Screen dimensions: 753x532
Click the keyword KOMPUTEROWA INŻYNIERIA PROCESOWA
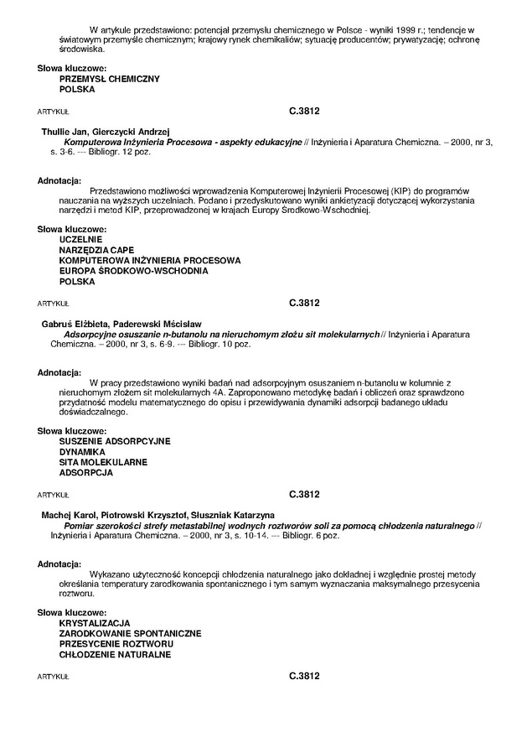149,261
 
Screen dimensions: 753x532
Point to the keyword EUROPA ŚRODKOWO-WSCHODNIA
133,272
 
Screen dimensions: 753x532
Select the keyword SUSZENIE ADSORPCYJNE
115,440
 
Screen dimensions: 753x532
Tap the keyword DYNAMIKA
82,451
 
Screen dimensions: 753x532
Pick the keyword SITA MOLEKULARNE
103,462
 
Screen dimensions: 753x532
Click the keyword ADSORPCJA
85,473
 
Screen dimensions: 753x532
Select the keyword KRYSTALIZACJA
95,623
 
